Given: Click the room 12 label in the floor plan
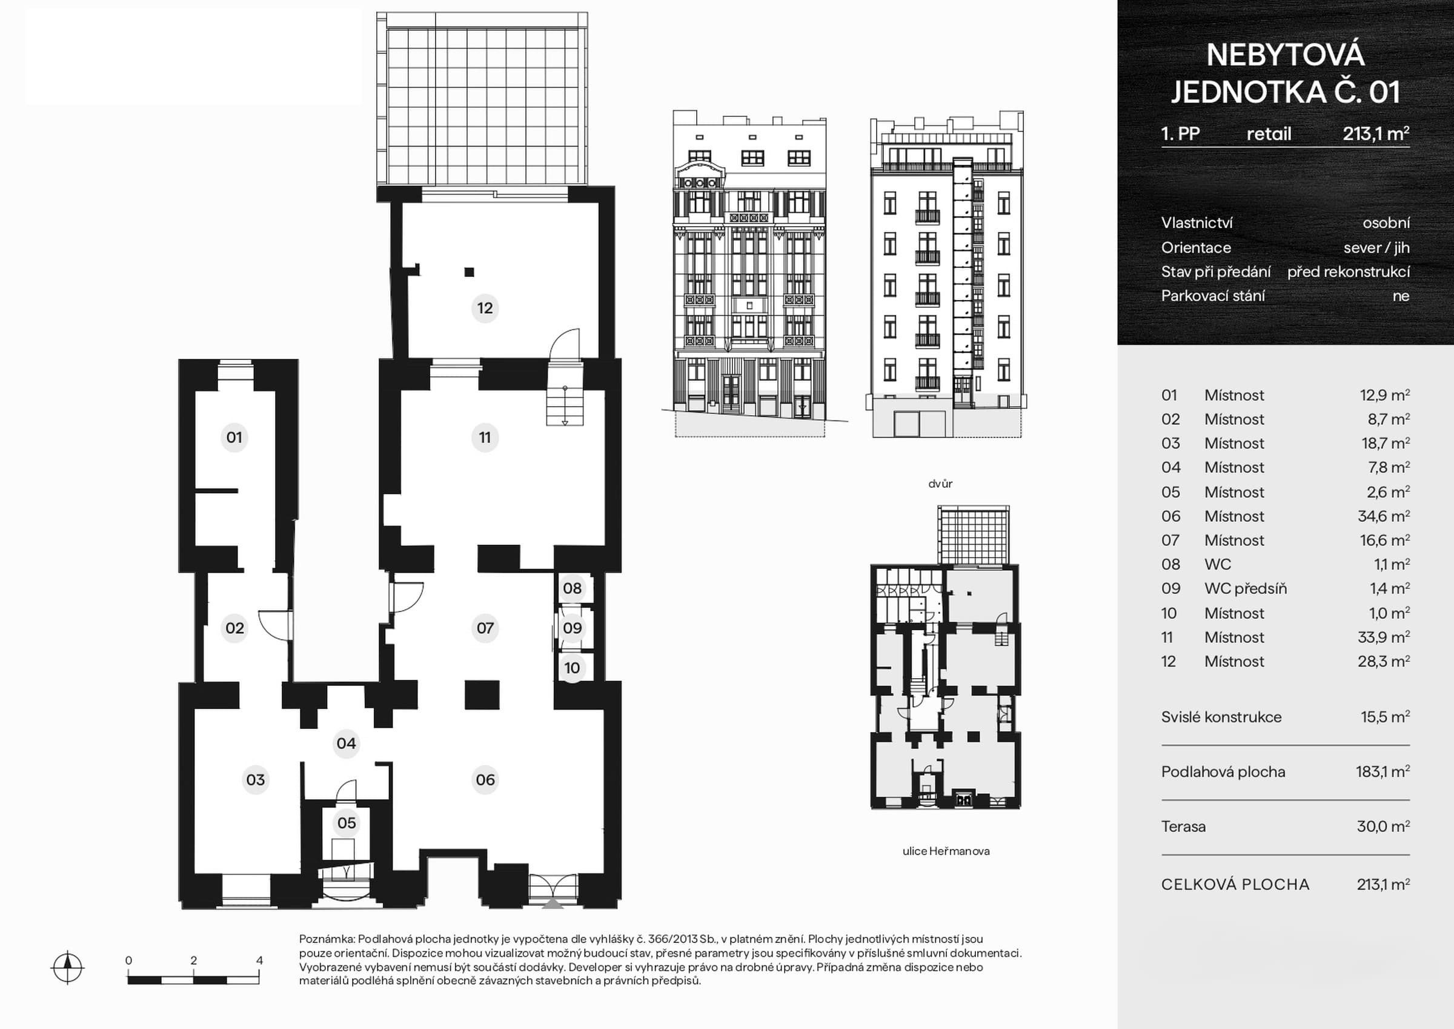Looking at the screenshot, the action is [485, 308].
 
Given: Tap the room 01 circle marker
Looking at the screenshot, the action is [234, 437].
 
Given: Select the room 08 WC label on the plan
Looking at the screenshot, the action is [572, 588].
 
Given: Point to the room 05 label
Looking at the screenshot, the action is [347, 823].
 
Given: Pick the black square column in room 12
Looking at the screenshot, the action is [470, 272].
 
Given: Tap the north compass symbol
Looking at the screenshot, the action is [67, 968].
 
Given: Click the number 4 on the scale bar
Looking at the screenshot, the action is [259, 960].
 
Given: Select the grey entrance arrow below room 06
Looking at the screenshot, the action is [553, 904].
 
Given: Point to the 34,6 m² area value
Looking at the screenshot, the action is [1383, 516].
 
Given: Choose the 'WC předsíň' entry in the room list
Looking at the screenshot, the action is [1245, 588].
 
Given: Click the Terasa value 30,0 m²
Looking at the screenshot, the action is [1383, 826].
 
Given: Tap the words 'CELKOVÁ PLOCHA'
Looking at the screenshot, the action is [1235, 885].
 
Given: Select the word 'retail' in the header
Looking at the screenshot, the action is [1269, 134].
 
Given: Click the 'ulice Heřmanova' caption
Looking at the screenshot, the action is [946, 851].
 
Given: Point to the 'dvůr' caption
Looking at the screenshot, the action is [940, 484].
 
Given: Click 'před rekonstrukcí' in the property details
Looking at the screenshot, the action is [1348, 272].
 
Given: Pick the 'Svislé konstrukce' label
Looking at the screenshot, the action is [1221, 718].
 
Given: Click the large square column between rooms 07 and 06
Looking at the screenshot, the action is [482, 694].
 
